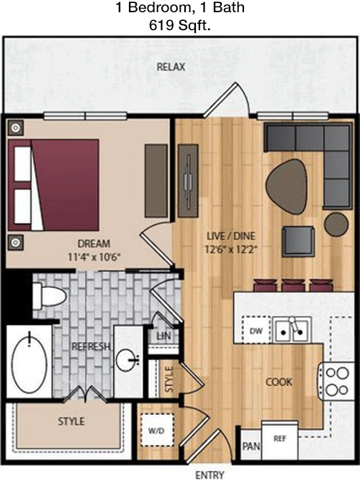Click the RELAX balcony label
pyautogui.click(x=171, y=67)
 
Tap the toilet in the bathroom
pyautogui.click(x=49, y=297)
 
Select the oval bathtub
pyautogui.click(x=29, y=361)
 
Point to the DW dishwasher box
pyautogui.click(x=256, y=331)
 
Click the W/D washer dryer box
pyautogui.click(x=157, y=430)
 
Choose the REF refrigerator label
pyautogui.click(x=279, y=439)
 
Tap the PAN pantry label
pyautogui.click(x=251, y=446)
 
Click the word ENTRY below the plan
pyautogui.click(x=210, y=475)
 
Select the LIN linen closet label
pyautogui.click(x=163, y=336)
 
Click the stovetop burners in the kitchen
pyautogui.click(x=337, y=382)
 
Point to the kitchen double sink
pyautogui.click(x=292, y=330)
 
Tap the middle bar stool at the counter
pyautogui.click(x=293, y=285)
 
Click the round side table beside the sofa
pyautogui.click(x=336, y=225)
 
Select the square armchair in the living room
pyautogui.click(x=298, y=241)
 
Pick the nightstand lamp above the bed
pyautogui.click(x=16, y=127)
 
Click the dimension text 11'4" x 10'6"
pyautogui.click(x=94, y=256)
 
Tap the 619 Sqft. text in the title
pyautogui.click(x=180, y=25)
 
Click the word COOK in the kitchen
pyautogui.click(x=279, y=382)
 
